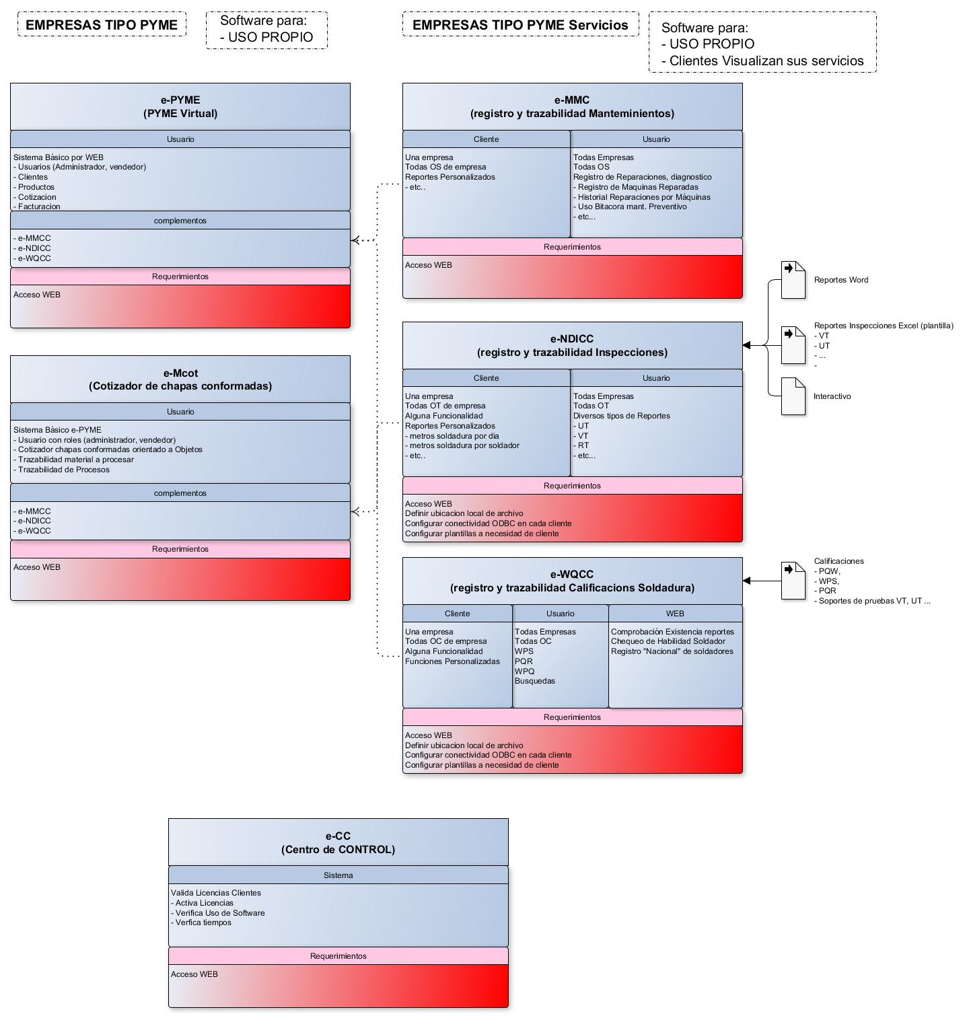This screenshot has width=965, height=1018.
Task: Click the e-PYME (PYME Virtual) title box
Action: [180, 106]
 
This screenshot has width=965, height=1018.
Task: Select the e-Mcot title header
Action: [180, 379]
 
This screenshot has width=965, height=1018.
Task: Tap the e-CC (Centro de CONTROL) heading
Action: [338, 842]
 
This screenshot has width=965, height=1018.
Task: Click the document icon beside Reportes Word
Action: [793, 280]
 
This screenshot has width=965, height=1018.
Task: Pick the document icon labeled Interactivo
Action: [793, 396]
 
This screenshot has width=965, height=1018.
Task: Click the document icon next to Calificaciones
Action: [793, 581]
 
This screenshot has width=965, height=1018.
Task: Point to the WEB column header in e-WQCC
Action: [675, 614]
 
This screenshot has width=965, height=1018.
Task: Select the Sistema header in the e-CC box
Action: [338, 875]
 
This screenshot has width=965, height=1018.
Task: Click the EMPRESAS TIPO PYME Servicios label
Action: [520, 25]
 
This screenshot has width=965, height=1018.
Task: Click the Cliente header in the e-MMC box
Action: [487, 139]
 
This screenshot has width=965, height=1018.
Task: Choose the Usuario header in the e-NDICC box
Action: [656, 378]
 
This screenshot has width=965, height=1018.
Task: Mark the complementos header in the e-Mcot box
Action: [180, 493]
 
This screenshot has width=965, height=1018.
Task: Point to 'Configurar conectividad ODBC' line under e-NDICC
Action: [489, 523]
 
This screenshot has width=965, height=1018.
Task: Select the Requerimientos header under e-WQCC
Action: [573, 717]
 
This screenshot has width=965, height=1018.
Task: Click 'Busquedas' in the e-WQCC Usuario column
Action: [535, 681]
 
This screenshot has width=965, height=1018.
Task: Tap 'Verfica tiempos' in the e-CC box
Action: [201, 922]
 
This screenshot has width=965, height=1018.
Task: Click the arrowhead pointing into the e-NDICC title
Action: [746, 345]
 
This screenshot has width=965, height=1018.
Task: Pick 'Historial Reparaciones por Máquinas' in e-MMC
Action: [642, 197]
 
